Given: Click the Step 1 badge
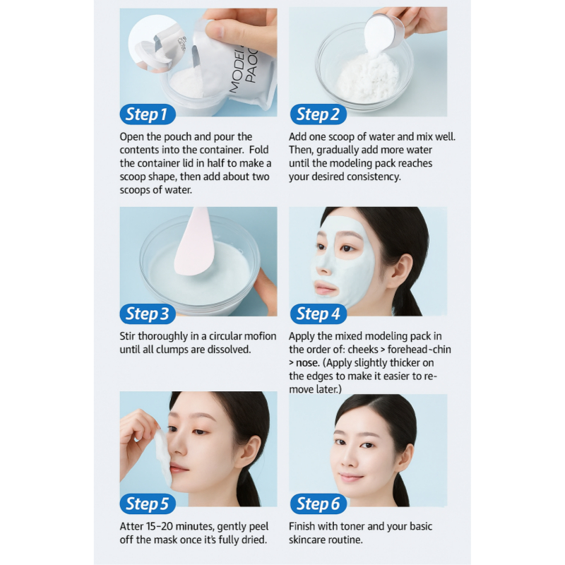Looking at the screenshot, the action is pyautogui.click(x=148, y=114).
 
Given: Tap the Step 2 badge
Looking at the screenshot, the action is pyautogui.click(x=319, y=114).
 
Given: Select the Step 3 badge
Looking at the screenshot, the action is pyautogui.click(x=148, y=314).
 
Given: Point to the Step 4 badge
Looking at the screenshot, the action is pyautogui.click(x=319, y=314).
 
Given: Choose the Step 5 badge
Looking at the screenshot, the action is pyautogui.click(x=148, y=504).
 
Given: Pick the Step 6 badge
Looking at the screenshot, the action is pyautogui.click(x=319, y=504).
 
